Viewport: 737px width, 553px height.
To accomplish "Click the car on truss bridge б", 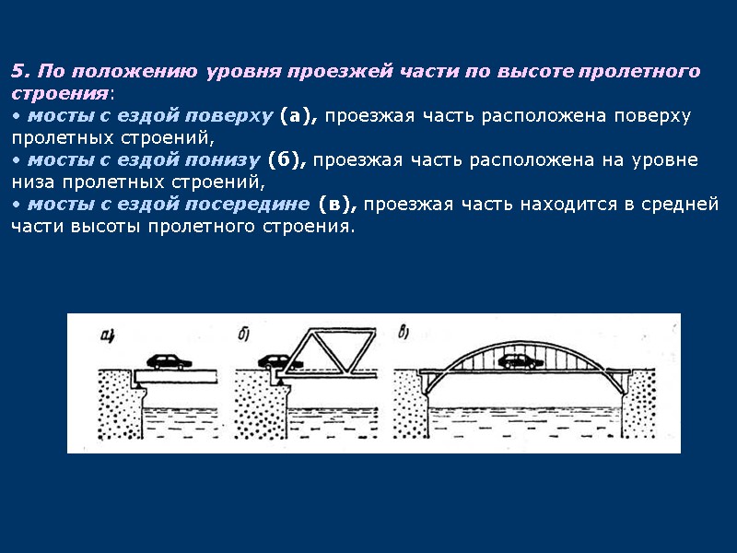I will (x=275, y=362).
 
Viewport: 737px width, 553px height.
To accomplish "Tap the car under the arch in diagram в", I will (x=519, y=361).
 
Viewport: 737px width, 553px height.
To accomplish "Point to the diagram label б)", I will (x=246, y=334).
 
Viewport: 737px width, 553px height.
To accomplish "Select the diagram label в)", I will (x=405, y=332).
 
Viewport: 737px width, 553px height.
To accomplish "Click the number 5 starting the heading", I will (x=16, y=71).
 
